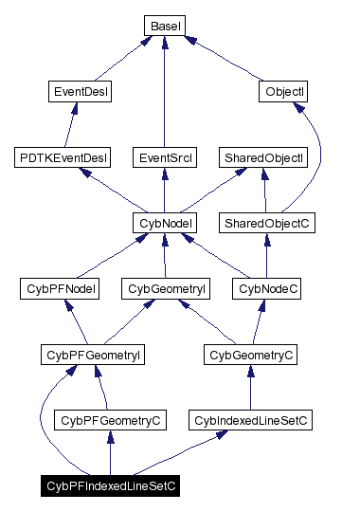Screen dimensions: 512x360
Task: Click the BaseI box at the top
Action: coord(165,25)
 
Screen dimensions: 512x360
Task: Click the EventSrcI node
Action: coord(165,156)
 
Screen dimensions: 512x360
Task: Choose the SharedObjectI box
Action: coord(263,156)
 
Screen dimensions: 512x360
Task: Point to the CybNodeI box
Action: coord(165,223)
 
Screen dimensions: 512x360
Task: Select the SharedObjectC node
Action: coord(266,223)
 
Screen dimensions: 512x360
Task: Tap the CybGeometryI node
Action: coord(167,288)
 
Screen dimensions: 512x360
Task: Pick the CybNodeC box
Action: coord(268,288)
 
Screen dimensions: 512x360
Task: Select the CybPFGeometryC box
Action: coord(110,419)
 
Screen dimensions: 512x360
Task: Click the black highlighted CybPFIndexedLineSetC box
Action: coord(110,485)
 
